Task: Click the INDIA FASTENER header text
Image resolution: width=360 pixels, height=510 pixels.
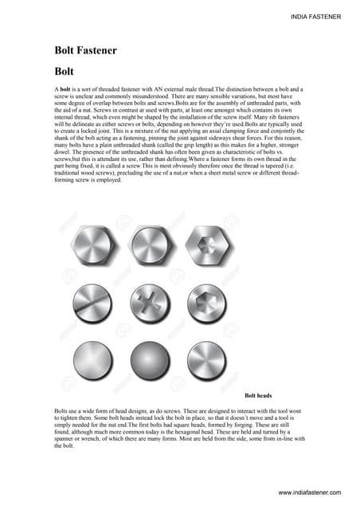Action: point(316,16)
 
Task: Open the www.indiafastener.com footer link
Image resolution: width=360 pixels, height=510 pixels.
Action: point(311,494)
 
